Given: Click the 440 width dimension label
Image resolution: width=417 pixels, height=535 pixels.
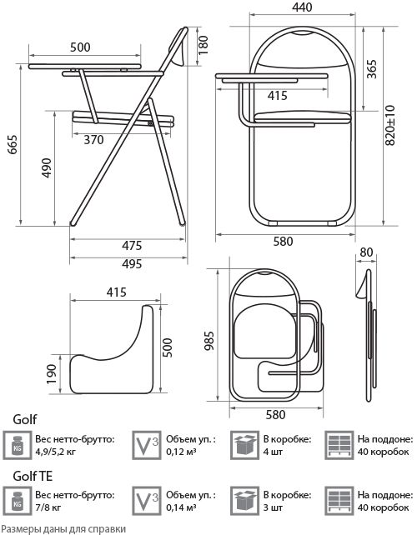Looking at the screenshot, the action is click(x=302, y=7).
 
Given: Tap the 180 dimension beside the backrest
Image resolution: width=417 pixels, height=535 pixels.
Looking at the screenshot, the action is click(x=203, y=45).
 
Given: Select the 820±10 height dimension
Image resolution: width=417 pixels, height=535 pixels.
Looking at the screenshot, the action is click(x=390, y=125).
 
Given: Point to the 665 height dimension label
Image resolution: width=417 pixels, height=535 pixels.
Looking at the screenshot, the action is click(x=13, y=145).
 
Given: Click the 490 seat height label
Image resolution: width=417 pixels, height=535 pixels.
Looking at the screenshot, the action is click(x=47, y=167).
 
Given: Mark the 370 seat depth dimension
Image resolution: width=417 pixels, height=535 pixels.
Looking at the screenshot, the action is click(x=93, y=139).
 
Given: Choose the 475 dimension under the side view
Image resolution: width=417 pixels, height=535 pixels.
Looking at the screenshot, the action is click(x=132, y=245).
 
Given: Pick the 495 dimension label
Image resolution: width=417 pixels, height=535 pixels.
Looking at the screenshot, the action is click(x=132, y=263).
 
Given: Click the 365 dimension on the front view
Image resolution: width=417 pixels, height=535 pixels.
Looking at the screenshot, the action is click(x=372, y=69).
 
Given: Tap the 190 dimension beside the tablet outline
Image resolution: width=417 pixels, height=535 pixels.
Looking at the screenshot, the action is click(x=51, y=374).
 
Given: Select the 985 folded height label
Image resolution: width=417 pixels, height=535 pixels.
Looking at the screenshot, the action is click(x=208, y=341).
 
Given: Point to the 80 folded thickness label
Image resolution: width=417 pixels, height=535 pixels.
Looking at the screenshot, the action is click(x=366, y=252).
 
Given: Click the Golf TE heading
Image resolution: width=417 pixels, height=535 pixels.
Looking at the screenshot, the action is click(x=33, y=476).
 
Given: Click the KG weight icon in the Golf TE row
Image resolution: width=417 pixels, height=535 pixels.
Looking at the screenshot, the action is click(x=17, y=501).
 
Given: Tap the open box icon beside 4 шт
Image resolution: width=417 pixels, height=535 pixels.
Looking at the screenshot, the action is click(x=244, y=445).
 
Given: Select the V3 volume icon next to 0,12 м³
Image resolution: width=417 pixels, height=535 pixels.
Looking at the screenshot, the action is click(x=147, y=445).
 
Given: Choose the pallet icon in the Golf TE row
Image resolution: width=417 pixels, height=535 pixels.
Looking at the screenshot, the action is click(x=339, y=501).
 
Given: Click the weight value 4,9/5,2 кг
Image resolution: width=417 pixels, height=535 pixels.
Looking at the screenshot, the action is click(x=55, y=452).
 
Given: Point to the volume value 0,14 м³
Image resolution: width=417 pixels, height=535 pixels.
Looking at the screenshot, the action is click(x=181, y=507).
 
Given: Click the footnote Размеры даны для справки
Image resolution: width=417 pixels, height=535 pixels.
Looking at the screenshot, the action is click(x=63, y=529).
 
